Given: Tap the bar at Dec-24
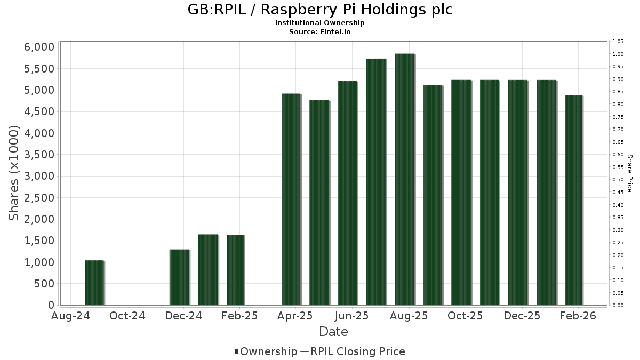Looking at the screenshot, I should coord(179,277).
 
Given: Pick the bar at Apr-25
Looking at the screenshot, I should coord(291,199).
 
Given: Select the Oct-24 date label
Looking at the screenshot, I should coord(127,316).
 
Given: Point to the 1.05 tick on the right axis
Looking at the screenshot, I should coord(618,42).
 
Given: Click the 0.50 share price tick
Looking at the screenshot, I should coord(618,180).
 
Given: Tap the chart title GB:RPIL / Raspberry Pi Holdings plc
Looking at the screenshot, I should coord(320,10).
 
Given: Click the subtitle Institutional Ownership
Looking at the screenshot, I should coord(320,23).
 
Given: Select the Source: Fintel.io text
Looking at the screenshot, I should coord(320,31).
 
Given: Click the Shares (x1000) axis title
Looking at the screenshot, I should coord(14,173).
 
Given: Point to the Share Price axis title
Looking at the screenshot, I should coord(630,173).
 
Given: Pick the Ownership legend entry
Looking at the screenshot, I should coord(266,351).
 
